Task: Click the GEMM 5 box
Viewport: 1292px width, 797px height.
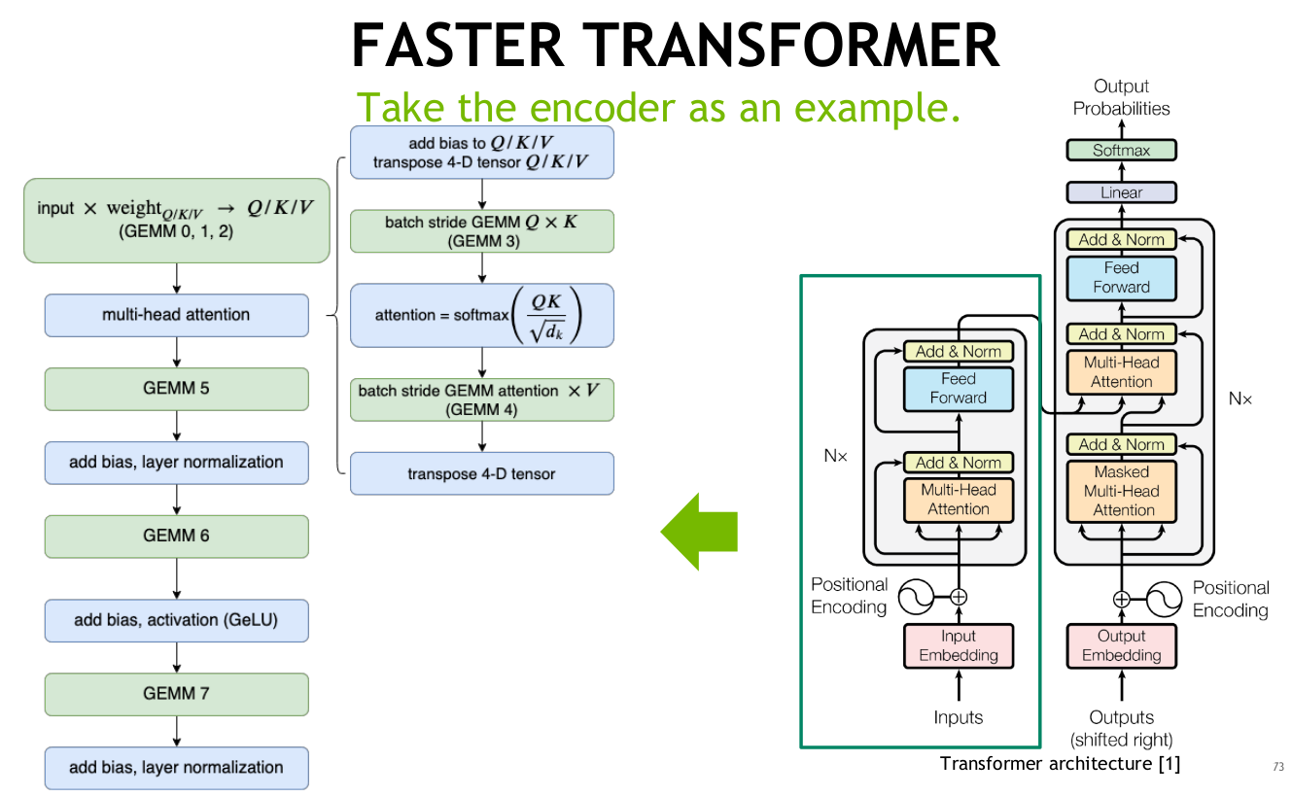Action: (x=176, y=389)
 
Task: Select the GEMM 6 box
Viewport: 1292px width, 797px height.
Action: (x=176, y=536)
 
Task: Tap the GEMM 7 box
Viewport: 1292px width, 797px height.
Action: (x=176, y=694)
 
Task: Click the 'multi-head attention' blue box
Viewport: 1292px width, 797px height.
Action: (x=176, y=315)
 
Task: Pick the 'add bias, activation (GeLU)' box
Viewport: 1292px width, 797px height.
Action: (x=176, y=620)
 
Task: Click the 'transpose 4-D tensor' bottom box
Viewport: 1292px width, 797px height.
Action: (x=481, y=473)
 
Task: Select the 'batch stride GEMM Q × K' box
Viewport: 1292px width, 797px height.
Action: (x=481, y=231)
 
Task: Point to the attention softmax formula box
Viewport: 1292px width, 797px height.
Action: (x=481, y=315)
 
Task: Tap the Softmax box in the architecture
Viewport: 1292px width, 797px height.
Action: (x=1121, y=151)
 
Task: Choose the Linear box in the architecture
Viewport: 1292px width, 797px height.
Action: (x=1121, y=192)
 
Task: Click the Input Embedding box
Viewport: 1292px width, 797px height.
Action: (x=959, y=646)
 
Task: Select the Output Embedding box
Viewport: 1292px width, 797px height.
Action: (x=1121, y=646)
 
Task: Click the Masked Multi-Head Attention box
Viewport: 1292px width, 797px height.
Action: (x=1121, y=491)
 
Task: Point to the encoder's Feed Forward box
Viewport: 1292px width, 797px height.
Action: (x=959, y=388)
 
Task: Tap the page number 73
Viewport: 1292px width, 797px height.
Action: (x=1277, y=767)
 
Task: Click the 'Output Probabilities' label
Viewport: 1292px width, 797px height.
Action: (x=1121, y=97)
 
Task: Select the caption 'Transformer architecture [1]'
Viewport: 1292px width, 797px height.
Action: (x=1060, y=763)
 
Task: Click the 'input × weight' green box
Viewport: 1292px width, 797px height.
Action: (x=176, y=220)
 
